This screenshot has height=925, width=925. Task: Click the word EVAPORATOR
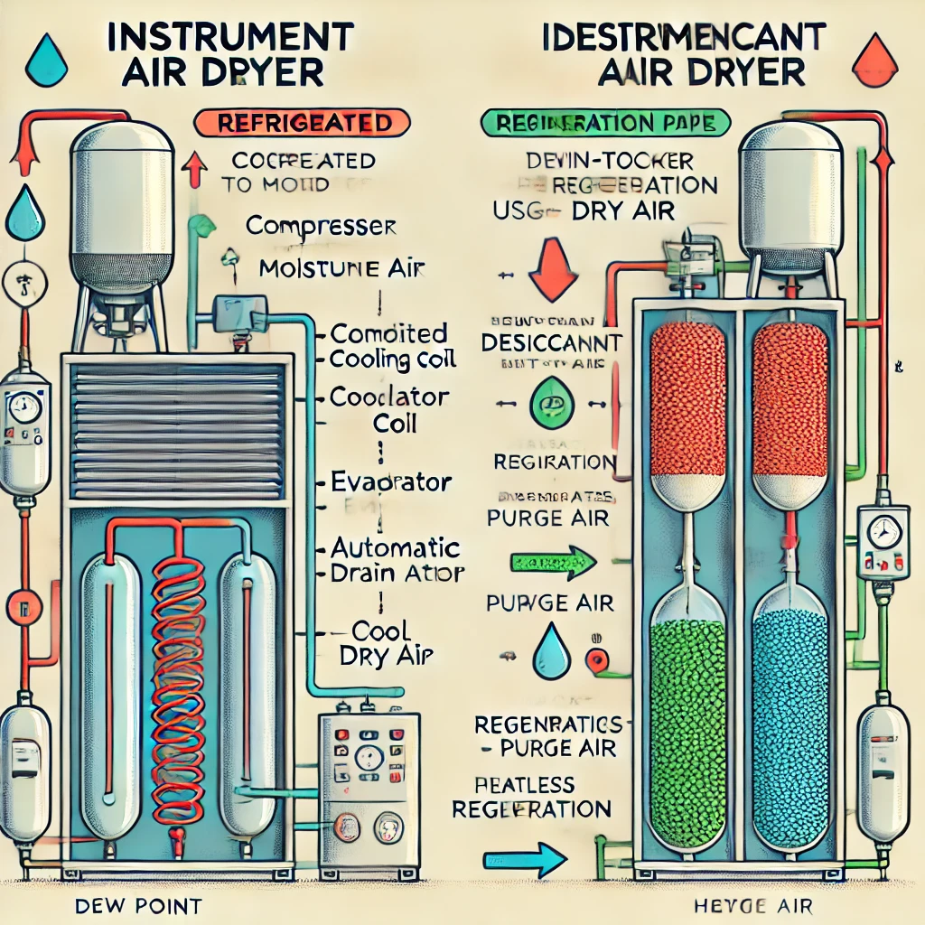coord(391,481)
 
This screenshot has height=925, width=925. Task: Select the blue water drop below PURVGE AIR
coord(547,649)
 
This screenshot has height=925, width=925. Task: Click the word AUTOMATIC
coord(397,548)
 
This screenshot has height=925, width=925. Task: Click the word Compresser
coord(321,226)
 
